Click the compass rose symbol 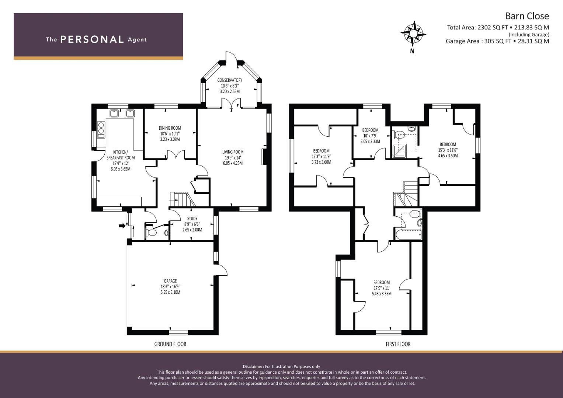(413, 34)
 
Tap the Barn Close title (527, 16)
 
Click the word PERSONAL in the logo (92, 39)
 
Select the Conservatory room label (230, 80)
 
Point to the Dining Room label (170, 128)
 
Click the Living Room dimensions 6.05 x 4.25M (233, 163)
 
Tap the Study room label (192, 219)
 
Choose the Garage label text (170, 281)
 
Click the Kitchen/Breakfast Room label (121, 155)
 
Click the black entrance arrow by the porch (122, 226)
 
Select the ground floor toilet (150, 233)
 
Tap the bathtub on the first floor (409, 234)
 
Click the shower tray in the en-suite (399, 151)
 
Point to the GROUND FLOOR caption (170, 344)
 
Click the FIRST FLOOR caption (398, 344)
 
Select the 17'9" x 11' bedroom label (382, 288)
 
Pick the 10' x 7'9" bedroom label (370, 136)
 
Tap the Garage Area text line (497, 41)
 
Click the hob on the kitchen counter (101, 128)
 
